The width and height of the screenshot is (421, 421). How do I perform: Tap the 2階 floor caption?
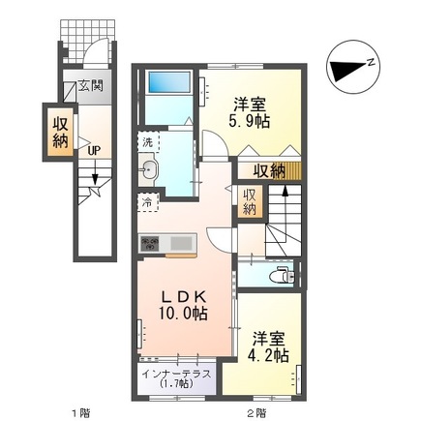tap(256, 413)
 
